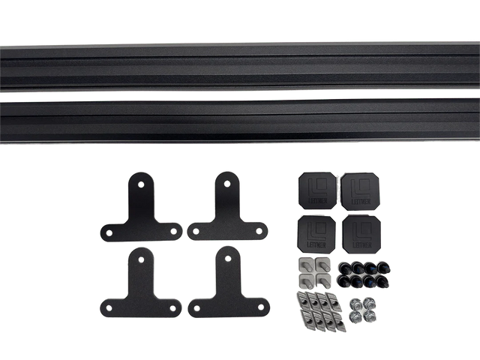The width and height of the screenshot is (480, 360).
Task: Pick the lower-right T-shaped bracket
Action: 226,288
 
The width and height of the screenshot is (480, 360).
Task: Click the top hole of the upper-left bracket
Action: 140,182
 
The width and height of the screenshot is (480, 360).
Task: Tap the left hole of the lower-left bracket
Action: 109,307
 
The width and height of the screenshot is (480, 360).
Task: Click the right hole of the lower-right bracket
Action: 259,307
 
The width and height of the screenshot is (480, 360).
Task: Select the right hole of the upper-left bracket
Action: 173,230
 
